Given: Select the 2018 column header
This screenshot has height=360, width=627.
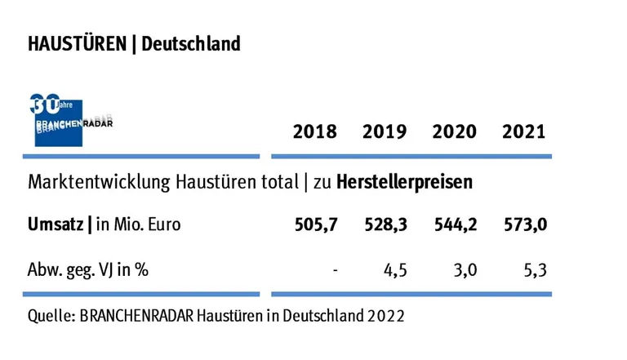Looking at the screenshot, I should pos(314,132).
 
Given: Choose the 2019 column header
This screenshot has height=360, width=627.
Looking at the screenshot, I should pos(385,132).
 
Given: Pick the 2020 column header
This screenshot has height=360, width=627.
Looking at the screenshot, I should pos(454,132).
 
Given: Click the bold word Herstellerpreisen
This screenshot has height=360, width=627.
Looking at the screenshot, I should pos(418,182).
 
